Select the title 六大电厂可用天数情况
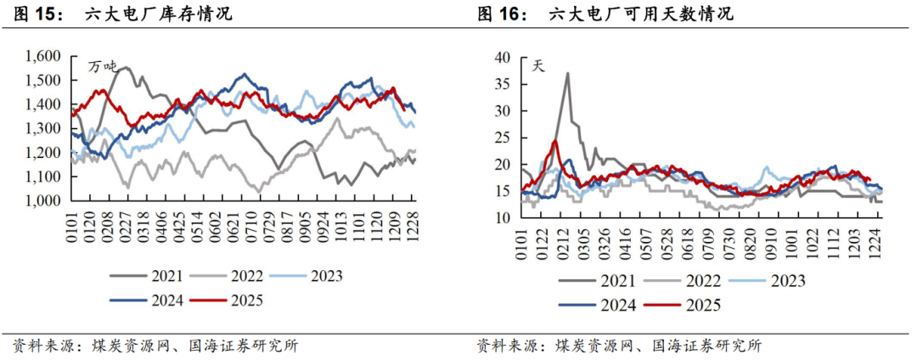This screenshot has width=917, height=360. coord(641,14)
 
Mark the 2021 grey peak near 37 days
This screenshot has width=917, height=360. coord(567,73)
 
